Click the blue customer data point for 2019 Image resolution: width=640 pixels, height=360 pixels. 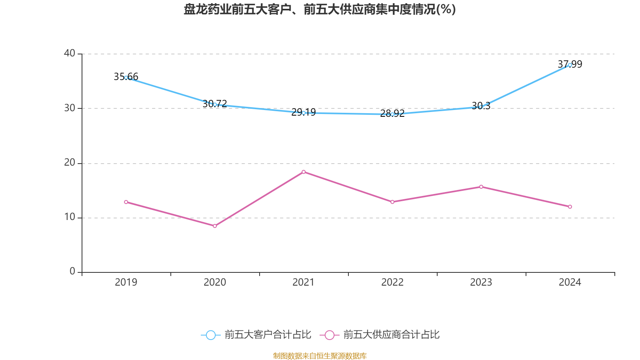coord(126,78)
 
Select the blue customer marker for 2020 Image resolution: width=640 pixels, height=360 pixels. coord(215,104)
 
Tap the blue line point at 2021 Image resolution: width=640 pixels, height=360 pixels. coord(304,113)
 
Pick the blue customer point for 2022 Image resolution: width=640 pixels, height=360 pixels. coord(392,114)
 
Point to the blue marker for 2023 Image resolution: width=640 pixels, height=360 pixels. coord(481,107)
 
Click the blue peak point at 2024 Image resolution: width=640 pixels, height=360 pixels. coord(570,65)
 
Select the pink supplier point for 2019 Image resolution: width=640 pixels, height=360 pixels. coord(126,202)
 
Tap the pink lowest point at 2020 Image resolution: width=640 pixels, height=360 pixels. coord(215,226)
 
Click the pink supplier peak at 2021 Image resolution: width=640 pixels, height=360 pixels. coord(304,172)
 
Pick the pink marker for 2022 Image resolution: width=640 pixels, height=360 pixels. coord(392,202)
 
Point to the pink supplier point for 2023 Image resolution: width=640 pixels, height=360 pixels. coord(481,187)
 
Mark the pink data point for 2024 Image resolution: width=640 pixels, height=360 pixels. coord(570,207)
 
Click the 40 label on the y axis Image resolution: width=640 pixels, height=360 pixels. coord(70,53)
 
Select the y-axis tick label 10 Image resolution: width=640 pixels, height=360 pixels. coord(70,217)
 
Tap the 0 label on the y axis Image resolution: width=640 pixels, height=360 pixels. coord(72,272)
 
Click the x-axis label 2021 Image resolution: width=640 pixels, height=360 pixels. coord(304,282)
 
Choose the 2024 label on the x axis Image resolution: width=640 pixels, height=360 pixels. coord(570,282)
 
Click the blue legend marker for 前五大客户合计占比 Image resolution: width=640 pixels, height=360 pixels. coord(211,335)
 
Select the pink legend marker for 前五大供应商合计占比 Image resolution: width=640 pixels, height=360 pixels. coord(330,335)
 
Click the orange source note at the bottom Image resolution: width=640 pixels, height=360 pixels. coord(320,356)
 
